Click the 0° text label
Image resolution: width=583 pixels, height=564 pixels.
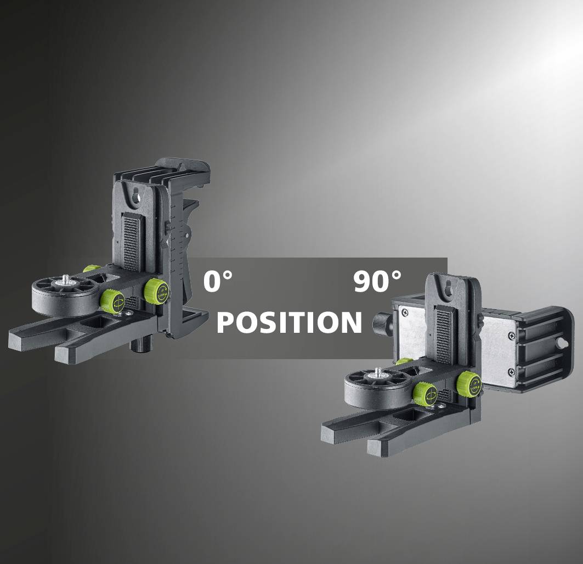218,281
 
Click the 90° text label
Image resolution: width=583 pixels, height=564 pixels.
377,281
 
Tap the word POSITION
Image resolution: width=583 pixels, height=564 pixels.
289,322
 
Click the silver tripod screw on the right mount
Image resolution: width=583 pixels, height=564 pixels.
378,373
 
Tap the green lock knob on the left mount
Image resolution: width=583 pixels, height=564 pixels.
157,289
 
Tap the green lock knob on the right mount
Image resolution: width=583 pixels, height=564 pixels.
469,382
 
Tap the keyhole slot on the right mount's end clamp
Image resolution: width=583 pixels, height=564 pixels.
561,343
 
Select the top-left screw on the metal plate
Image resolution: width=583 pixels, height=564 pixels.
405,313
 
